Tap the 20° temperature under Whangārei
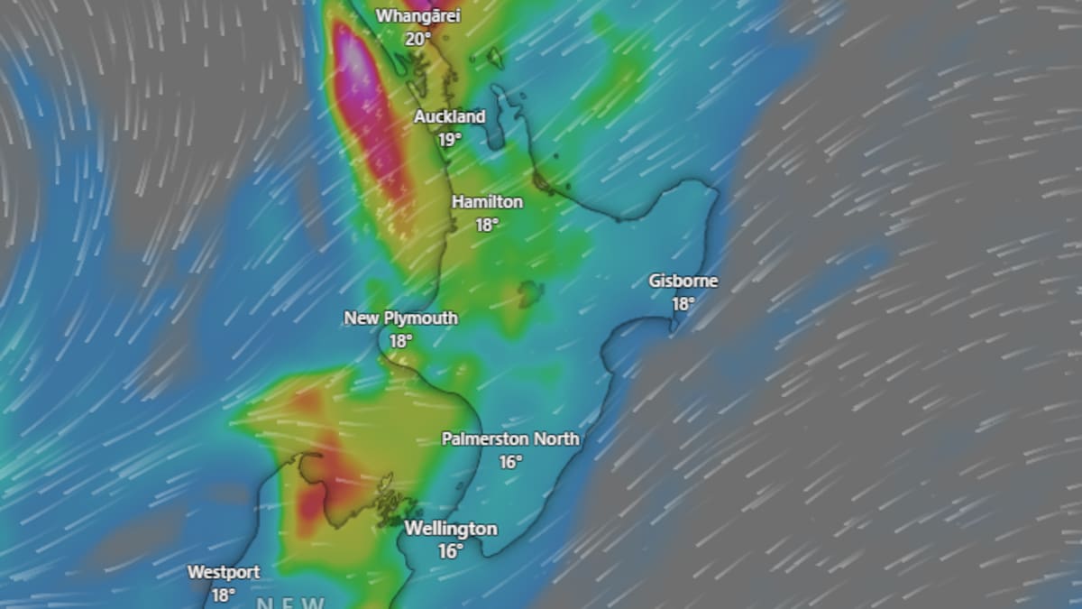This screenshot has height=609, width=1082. (417, 39)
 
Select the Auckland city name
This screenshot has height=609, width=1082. (449, 116)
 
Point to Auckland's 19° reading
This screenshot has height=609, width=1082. (450, 139)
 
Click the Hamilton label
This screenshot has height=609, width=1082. (487, 201)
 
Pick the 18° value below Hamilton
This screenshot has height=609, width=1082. (487, 225)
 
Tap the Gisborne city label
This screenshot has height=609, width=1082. (683, 281)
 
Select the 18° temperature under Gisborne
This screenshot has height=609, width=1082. (683, 304)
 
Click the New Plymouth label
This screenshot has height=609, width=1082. (400, 318)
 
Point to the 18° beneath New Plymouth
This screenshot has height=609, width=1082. (401, 342)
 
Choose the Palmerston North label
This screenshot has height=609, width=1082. (510, 438)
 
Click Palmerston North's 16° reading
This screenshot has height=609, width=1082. (511, 462)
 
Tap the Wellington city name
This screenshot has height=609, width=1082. (451, 528)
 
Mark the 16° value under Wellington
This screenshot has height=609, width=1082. (451, 550)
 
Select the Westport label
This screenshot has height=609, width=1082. (224, 572)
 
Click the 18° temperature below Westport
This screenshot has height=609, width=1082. (224, 595)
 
